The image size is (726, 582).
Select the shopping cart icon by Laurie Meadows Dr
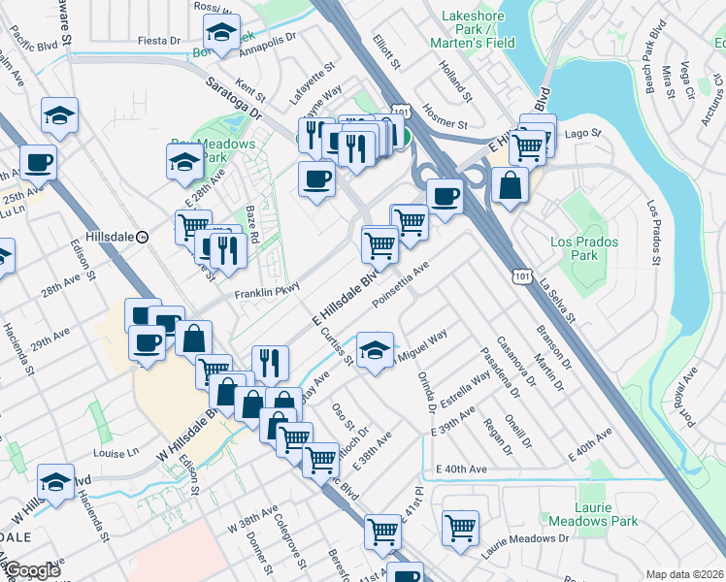coord(461,528)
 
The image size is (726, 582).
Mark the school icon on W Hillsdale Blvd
coord(56,481)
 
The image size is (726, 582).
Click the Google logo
coord(32,570)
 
